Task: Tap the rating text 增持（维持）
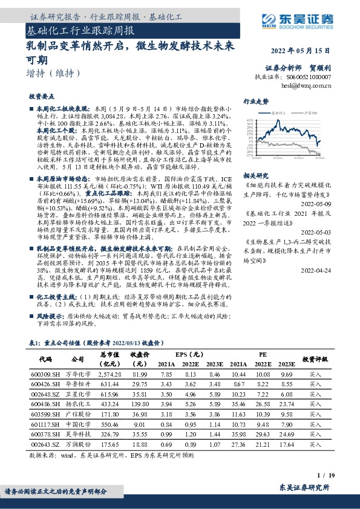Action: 54,74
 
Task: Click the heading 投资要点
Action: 41,96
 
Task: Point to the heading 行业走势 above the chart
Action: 256,102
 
